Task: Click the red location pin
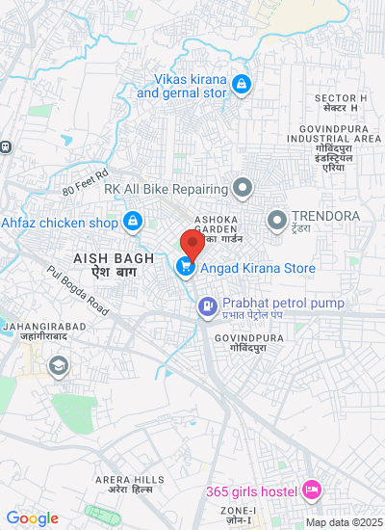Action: pos(192,243)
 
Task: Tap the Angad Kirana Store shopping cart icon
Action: pos(183,267)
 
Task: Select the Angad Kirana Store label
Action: pos(257,268)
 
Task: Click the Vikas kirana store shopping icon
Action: pos(240,86)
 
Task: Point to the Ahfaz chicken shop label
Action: pos(59,223)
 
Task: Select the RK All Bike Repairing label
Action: pos(166,189)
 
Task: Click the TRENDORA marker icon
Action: pos(277,218)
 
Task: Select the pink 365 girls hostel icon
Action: pos(311,490)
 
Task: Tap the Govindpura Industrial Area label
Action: pos(334,138)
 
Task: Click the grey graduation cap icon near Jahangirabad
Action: pos(59,365)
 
